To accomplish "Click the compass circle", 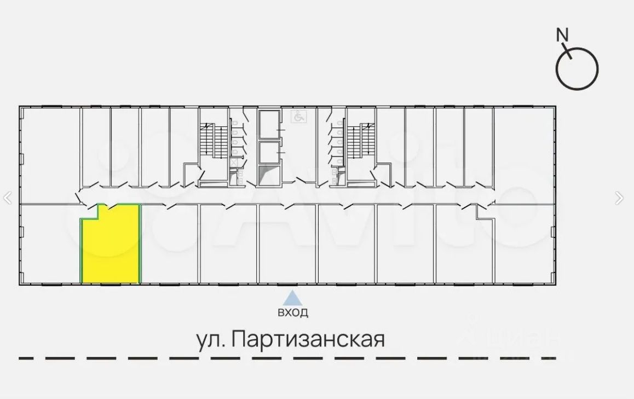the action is [x=577, y=69].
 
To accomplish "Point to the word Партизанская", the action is [x=308, y=339].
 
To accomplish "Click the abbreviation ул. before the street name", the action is [x=210, y=339].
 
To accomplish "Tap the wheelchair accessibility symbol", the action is [x=299, y=116].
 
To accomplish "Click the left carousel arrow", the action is [x=8, y=198].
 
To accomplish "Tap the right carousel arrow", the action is [x=619, y=198].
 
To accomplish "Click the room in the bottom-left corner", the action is [x=50, y=244].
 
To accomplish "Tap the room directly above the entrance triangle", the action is [x=287, y=244].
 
